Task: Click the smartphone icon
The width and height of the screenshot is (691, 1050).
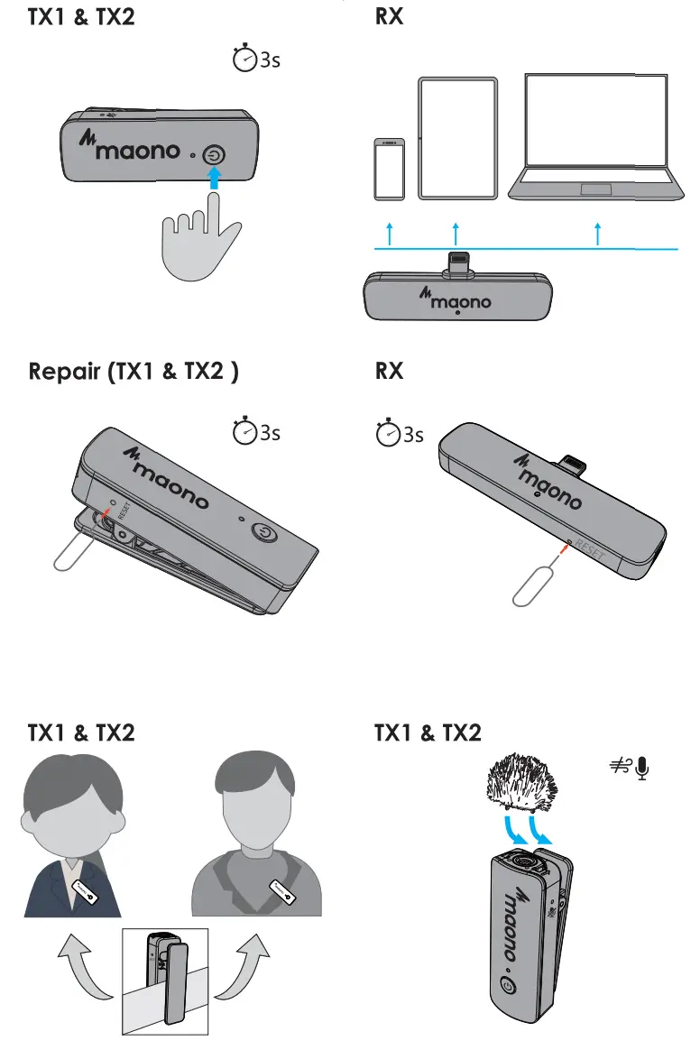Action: click(389, 170)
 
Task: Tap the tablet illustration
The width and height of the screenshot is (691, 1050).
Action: click(457, 138)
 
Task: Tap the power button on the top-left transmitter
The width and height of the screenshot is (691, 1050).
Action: click(214, 155)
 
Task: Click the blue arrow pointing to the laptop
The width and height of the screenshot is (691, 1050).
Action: click(598, 233)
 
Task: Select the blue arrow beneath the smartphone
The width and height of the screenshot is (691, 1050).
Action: click(389, 233)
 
